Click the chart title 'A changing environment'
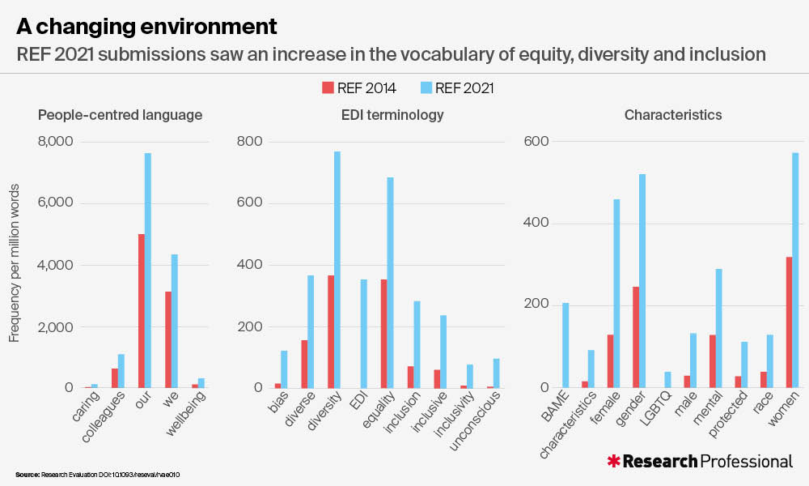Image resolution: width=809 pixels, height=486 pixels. coord(146,26)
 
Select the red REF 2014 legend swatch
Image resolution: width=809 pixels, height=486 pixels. coord(328,88)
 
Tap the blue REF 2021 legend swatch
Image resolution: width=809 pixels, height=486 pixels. coord(426,88)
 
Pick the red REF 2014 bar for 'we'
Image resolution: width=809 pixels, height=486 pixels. coord(167,339)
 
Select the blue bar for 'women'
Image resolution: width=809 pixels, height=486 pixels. coord(795,271)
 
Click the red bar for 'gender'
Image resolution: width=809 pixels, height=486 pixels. coord(636,337)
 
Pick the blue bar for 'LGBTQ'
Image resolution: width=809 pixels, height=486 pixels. coord(667,380)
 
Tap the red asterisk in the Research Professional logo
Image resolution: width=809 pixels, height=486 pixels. coord(614,461)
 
